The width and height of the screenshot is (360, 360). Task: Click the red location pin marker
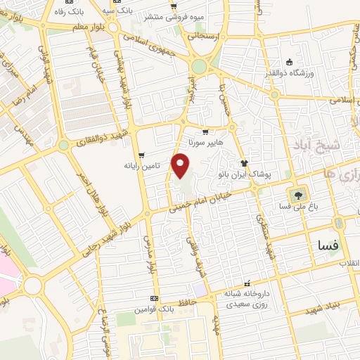181,166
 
